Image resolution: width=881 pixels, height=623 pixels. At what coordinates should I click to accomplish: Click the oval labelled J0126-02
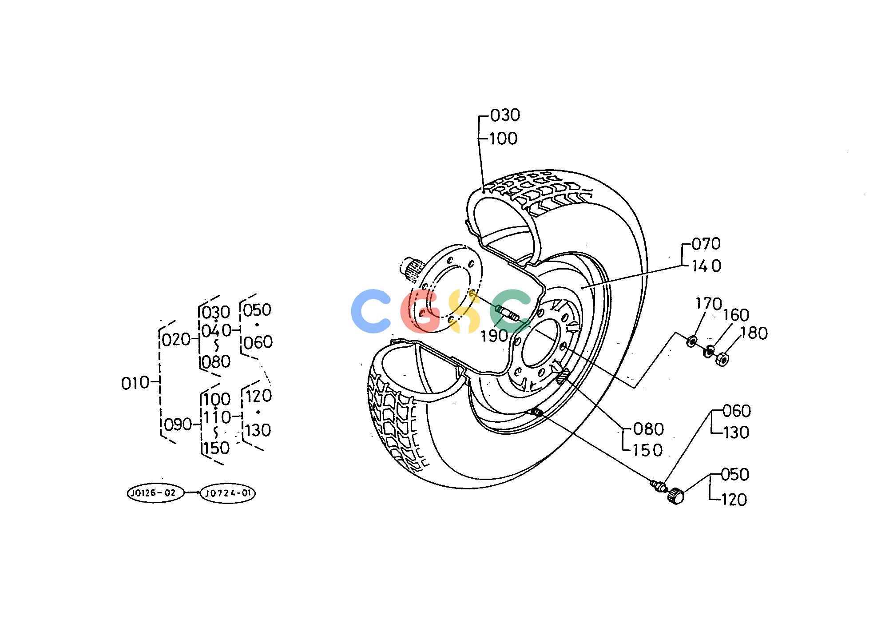(155, 493)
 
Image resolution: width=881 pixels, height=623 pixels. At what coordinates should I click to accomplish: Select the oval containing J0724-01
(228, 493)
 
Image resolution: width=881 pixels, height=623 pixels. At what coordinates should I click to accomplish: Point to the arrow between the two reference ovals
(192, 493)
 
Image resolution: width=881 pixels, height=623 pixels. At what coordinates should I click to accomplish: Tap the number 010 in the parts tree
(135, 383)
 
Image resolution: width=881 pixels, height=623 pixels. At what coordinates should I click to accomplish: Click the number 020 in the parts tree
(176, 340)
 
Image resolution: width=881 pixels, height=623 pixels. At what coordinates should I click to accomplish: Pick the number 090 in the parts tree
(178, 425)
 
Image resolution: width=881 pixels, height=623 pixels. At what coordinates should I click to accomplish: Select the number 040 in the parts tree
(216, 330)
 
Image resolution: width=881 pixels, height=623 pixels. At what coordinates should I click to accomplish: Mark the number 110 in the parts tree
(218, 417)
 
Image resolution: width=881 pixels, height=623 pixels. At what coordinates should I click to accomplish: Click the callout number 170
(708, 304)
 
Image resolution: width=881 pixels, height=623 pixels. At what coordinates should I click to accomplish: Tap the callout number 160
(736, 315)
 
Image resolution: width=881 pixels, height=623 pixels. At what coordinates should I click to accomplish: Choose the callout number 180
(754, 333)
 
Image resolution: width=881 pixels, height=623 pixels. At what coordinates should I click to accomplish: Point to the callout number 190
(494, 336)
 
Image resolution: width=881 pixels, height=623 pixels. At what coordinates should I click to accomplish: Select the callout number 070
(706, 244)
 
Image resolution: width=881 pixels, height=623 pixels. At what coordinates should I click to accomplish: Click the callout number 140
(706, 266)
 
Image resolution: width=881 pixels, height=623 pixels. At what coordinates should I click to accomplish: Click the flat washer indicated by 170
(692, 342)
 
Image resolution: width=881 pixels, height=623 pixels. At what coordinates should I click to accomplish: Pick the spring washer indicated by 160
(709, 351)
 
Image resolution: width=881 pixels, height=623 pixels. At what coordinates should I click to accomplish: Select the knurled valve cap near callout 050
(675, 496)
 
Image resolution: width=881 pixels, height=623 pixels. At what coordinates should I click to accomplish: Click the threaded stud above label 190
(508, 313)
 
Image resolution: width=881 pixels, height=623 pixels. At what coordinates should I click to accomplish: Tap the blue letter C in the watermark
(371, 311)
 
